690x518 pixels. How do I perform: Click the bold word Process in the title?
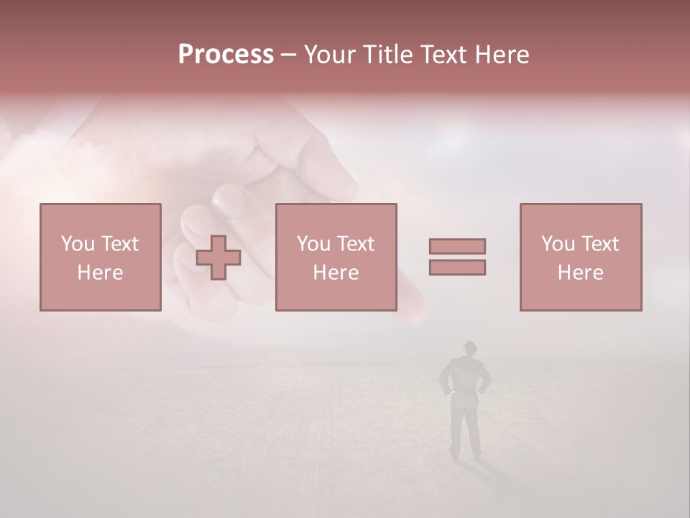(x=226, y=55)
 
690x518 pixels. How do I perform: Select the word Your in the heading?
(x=331, y=55)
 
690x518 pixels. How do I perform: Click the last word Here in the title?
(x=499, y=55)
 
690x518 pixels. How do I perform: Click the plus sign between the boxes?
(x=218, y=257)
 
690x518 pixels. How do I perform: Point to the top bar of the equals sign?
(x=457, y=246)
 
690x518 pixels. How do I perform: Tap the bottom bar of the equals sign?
(x=457, y=267)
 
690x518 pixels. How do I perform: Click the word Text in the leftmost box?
(x=119, y=244)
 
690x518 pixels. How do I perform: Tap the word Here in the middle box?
(x=336, y=273)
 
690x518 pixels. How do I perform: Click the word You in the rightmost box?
(x=558, y=244)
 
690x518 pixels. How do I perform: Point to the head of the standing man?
(x=469, y=349)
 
